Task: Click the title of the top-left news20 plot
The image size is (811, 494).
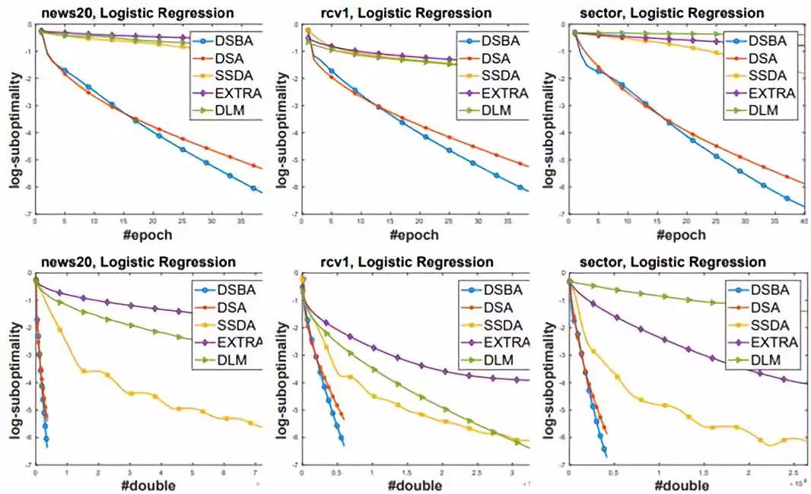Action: tap(136, 13)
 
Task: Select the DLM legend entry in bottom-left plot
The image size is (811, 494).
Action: tap(225, 359)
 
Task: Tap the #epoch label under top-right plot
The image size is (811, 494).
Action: tap(679, 234)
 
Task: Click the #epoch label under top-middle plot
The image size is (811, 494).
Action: tap(412, 234)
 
